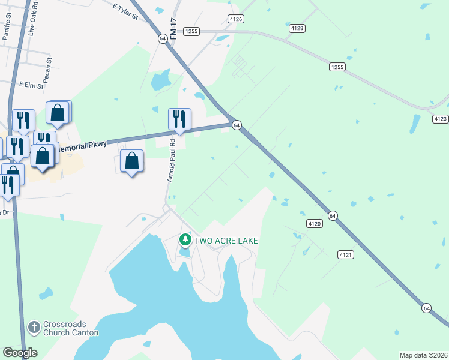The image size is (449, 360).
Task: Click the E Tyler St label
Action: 125,13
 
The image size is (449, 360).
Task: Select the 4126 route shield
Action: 236,19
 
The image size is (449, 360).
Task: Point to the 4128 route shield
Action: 297,28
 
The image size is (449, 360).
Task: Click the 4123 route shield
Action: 440,119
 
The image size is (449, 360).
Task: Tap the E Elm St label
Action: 32,86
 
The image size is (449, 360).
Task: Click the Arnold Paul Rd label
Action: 170,161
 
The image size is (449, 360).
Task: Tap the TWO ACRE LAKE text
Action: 226,241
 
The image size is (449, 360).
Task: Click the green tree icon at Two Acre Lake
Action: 185,241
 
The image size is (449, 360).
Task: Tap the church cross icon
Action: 34,327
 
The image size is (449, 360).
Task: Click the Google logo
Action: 20,353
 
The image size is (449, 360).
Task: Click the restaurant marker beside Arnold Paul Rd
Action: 179,118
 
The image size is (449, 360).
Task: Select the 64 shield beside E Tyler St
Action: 163,38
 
